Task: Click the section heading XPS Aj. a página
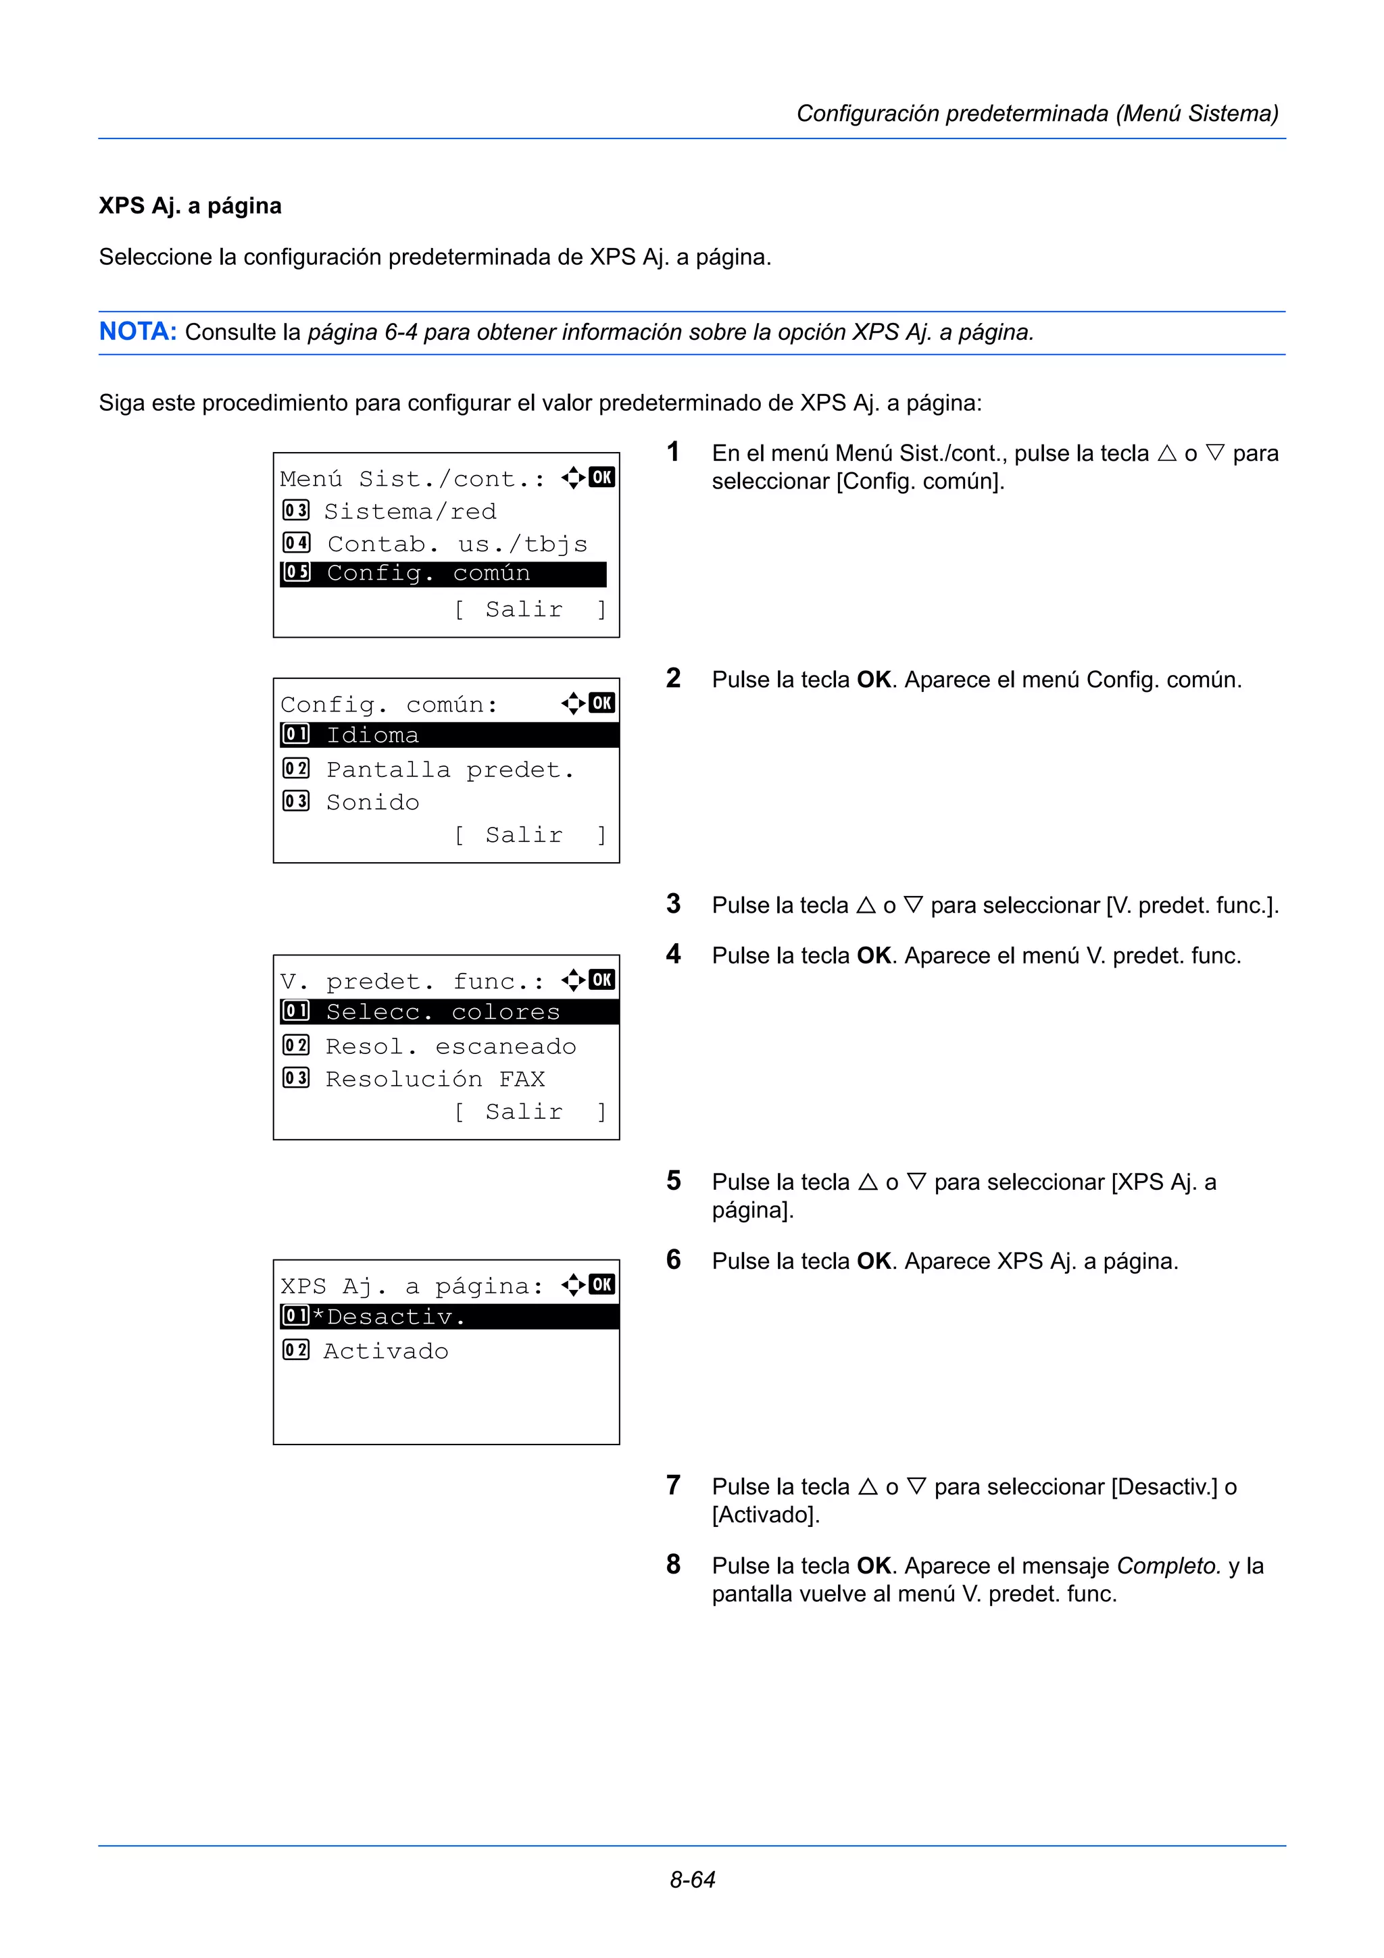coord(190,205)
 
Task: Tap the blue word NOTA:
coord(137,331)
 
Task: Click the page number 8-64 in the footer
coord(691,1879)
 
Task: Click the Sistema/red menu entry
coord(410,511)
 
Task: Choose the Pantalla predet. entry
coord(449,770)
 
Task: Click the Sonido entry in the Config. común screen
coord(372,803)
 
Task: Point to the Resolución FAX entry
coord(435,1080)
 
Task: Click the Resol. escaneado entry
coord(450,1047)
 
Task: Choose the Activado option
coord(385,1351)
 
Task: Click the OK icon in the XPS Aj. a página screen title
coord(601,1284)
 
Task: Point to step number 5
coord(674,1181)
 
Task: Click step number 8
coord(674,1565)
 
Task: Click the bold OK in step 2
coord(873,680)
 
